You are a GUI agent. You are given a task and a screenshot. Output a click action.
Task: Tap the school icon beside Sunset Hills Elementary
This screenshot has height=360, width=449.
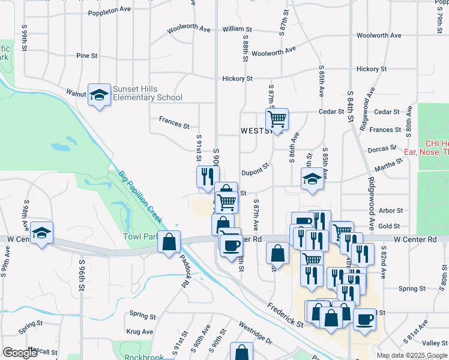100,95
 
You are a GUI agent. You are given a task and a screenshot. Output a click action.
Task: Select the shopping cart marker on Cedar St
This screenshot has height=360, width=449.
277,119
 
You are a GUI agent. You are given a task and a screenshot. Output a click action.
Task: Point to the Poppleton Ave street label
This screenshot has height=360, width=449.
109,11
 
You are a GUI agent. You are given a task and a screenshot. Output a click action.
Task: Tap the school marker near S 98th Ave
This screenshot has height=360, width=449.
41,233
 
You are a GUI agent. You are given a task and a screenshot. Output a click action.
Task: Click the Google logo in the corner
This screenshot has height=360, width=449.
20,353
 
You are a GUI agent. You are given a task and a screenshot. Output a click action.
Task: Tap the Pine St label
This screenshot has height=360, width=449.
87,56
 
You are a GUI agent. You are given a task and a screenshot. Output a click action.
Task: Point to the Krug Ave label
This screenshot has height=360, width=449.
140,331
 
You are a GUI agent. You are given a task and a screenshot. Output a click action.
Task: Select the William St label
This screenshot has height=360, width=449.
237,29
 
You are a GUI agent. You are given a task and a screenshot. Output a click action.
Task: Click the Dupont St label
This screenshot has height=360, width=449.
255,172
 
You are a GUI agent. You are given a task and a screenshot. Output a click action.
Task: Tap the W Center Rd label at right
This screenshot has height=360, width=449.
415,239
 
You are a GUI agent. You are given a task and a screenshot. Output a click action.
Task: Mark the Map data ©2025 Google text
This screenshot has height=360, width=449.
412,355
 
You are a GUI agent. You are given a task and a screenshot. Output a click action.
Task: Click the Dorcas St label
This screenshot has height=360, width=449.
382,147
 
